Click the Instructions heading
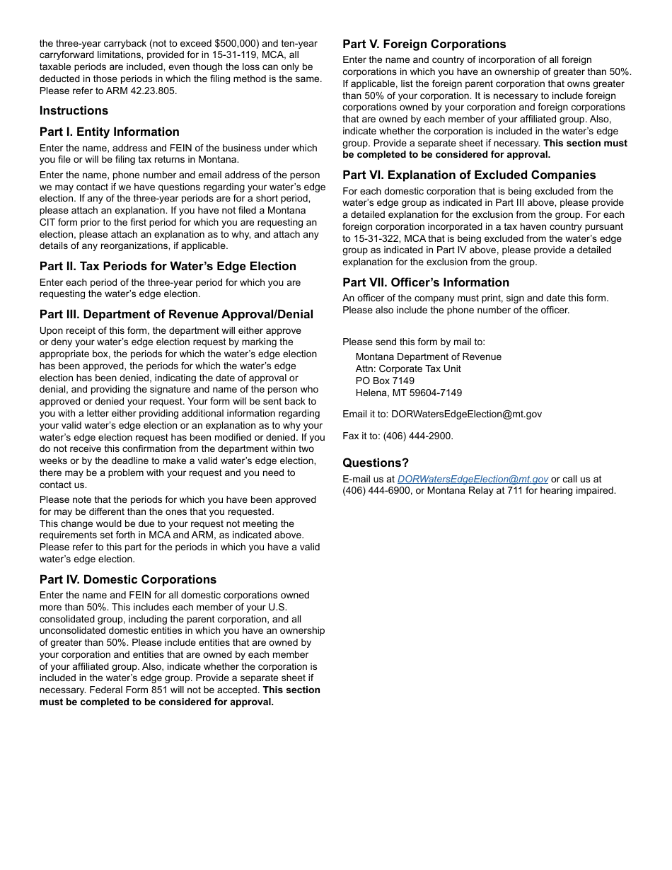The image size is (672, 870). click(74, 110)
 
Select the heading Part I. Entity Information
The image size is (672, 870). click(109, 132)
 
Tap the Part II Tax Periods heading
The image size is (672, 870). click(168, 266)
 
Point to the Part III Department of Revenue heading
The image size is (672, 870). click(176, 314)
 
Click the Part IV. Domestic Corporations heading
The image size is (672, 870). click(128, 579)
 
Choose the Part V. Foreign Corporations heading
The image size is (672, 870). click(424, 44)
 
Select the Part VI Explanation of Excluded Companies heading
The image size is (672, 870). click(469, 175)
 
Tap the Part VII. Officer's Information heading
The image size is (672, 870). click(426, 282)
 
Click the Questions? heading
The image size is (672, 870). click(376, 463)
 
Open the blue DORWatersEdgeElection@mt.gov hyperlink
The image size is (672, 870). click(473, 480)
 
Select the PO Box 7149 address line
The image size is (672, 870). click(385, 381)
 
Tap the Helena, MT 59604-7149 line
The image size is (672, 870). click(408, 393)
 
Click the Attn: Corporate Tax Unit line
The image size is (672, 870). click(408, 369)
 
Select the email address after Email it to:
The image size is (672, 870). click(466, 414)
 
